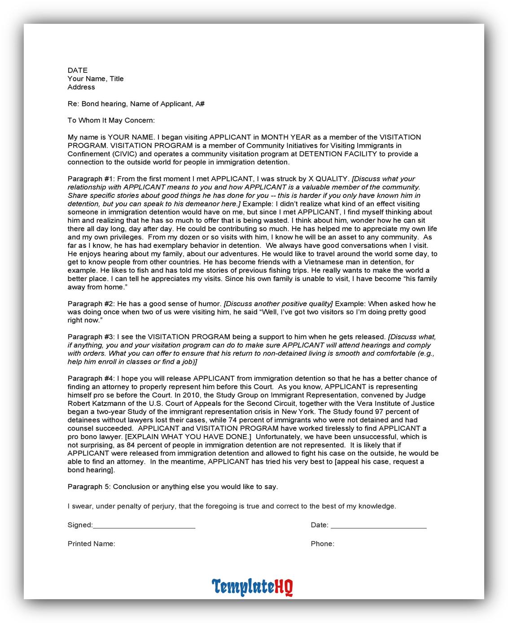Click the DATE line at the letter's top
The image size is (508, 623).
pos(78,70)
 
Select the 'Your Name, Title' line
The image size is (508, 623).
pos(96,79)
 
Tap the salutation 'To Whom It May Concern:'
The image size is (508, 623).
pos(111,120)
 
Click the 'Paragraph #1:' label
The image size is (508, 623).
pos(91,179)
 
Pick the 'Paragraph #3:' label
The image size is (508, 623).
pos(91,337)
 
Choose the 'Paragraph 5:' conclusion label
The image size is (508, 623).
pos(89,487)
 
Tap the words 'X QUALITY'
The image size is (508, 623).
pos(332,179)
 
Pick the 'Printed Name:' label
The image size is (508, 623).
pos(91,544)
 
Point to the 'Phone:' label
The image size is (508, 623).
pos(322,544)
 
